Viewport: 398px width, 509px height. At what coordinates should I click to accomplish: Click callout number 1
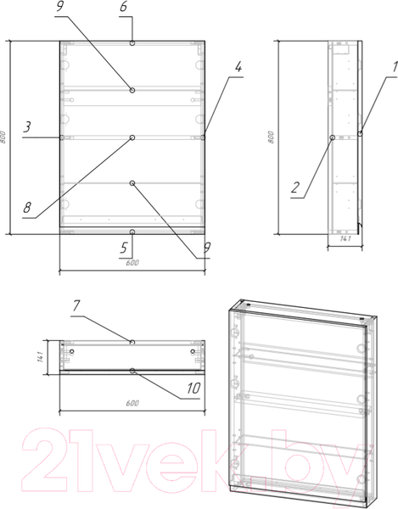tap(395, 67)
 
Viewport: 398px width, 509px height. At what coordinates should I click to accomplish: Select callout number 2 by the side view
tap(295, 187)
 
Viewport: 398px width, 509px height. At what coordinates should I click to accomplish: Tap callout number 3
tap(27, 127)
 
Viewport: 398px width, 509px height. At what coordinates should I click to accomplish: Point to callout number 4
tap(238, 67)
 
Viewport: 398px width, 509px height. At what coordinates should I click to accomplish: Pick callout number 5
tap(123, 248)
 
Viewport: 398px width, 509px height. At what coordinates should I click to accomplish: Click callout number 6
tap(123, 7)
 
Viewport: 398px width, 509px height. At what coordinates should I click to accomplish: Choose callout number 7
tap(76, 305)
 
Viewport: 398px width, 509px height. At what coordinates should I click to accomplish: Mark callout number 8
tap(27, 207)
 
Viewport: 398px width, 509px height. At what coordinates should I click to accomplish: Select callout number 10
tap(193, 388)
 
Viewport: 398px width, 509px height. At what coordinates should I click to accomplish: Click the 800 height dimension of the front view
tap(3, 137)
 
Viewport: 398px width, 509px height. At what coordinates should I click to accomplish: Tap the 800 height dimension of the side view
tap(271, 137)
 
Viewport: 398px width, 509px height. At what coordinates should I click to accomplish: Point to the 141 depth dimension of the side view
tap(345, 239)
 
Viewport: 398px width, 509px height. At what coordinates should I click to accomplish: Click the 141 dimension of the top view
tap(40, 357)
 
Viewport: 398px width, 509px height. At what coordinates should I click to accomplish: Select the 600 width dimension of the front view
tap(132, 263)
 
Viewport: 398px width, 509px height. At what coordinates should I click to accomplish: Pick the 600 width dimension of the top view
tap(132, 403)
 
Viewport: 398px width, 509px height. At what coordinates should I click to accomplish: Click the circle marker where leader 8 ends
tap(132, 138)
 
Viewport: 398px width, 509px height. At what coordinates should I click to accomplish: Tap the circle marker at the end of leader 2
tap(333, 137)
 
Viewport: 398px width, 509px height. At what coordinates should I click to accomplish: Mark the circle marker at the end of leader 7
tap(132, 342)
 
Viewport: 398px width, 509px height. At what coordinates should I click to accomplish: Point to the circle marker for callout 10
tap(132, 371)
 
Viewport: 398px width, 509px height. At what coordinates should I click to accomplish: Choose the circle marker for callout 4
tap(203, 137)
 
